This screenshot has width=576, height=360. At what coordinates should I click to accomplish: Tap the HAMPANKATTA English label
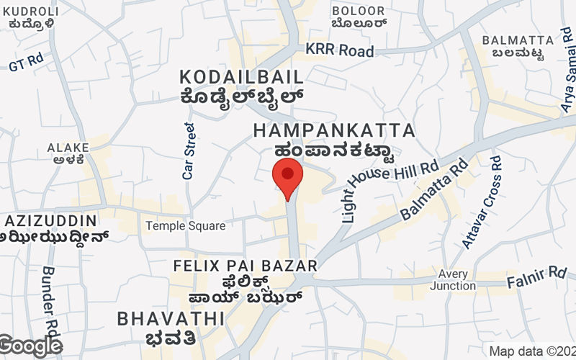pyautogui.click(x=334, y=131)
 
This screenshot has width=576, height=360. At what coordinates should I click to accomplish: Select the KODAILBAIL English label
pyautogui.click(x=240, y=77)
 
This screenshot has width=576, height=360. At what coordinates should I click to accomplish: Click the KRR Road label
pyautogui.click(x=340, y=51)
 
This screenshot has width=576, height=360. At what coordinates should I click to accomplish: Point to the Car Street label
pyautogui.click(x=189, y=150)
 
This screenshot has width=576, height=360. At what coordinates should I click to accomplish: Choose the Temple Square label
pyautogui.click(x=185, y=226)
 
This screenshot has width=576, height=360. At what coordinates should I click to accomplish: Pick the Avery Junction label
pyautogui.click(x=453, y=279)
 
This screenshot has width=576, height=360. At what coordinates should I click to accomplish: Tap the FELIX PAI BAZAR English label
pyautogui.click(x=246, y=266)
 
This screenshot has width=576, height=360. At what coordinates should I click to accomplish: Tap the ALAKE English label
pyautogui.click(x=68, y=148)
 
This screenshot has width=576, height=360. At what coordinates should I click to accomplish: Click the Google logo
pyautogui.click(x=30, y=346)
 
